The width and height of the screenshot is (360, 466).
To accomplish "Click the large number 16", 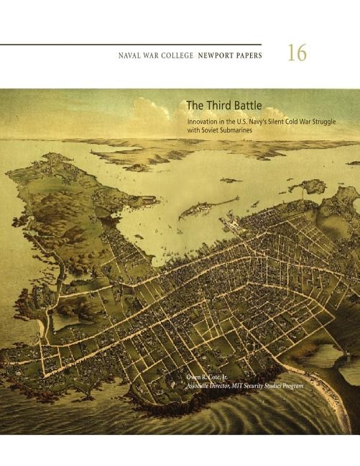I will pyautogui.click(x=297, y=53).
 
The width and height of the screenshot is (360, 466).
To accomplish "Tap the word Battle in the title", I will pyautogui.click(x=246, y=105).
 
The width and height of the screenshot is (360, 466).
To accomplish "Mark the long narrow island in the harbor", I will pyautogui.click(x=208, y=207).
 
